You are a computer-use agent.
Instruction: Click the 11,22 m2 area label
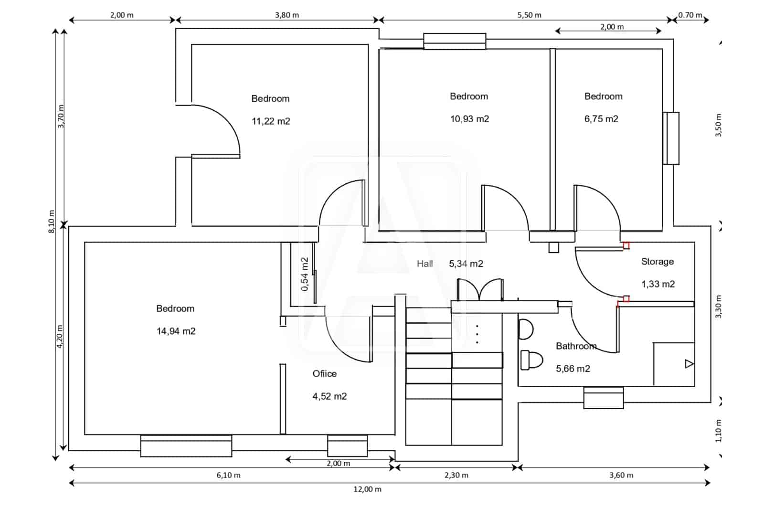coord(271,121)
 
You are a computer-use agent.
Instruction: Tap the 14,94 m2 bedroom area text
coord(176,331)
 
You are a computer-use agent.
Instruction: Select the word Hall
coord(424,264)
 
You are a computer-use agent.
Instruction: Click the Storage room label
coord(657,262)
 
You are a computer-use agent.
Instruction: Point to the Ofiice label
coord(325,374)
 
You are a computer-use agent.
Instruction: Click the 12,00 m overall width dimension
coord(367,489)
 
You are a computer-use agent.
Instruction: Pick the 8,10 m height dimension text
coord(52,221)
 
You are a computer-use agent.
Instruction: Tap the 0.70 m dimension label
coord(690,15)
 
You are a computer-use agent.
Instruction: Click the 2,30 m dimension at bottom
coord(456,476)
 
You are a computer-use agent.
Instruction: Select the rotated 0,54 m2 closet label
coord(305,274)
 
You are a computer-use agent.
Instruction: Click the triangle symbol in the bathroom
coord(689,364)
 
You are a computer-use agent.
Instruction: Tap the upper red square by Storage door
coord(626,245)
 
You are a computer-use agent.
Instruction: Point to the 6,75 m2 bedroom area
coord(601,119)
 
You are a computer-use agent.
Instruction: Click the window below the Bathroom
coord(604,398)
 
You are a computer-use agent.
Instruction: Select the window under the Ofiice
coord(347,445)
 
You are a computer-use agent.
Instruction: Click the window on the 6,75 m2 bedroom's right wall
coord(671,138)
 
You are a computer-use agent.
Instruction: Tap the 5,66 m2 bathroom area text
coord(573,369)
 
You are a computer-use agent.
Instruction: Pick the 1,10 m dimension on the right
coord(719,431)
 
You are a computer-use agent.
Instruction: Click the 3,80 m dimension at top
coord(286,15)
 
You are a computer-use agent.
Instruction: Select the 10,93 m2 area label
coord(469,119)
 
